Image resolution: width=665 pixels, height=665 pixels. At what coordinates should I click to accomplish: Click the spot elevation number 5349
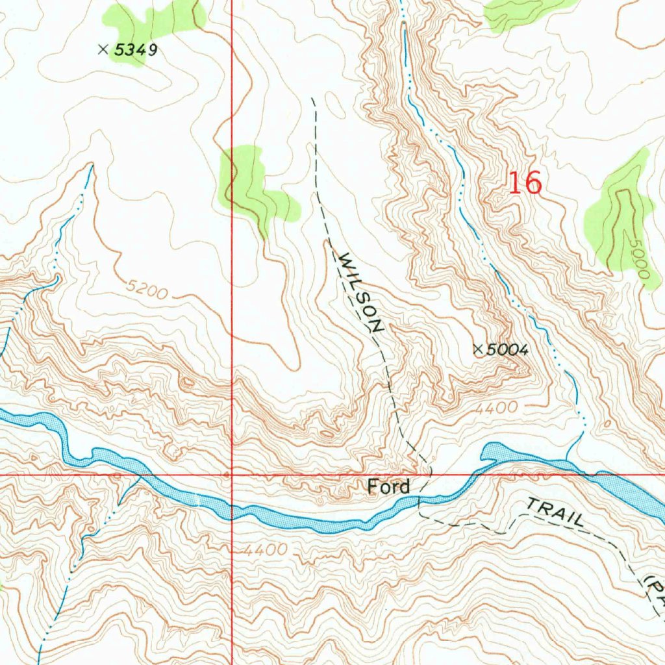pyautogui.click(x=136, y=49)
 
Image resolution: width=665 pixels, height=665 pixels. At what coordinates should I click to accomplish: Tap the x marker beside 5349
pyautogui.click(x=103, y=49)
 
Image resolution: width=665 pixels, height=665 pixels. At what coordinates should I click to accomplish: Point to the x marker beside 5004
pyautogui.click(x=478, y=349)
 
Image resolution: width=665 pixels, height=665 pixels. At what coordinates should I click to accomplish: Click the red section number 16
pyautogui.click(x=524, y=183)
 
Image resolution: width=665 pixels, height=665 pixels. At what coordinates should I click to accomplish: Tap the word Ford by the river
pyautogui.click(x=388, y=486)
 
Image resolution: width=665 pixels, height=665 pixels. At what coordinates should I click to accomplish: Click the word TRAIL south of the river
pyautogui.click(x=555, y=513)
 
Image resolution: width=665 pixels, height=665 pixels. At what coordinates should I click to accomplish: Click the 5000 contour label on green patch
pyautogui.click(x=638, y=260)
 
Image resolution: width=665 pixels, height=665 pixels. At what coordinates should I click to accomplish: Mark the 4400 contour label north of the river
pyautogui.click(x=496, y=408)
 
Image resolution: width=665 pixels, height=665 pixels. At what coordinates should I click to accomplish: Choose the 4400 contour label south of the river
pyautogui.click(x=265, y=550)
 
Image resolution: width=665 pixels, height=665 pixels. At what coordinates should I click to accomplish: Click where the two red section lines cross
pyautogui.click(x=232, y=475)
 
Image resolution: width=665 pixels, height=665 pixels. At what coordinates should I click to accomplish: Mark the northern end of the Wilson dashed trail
pyautogui.click(x=313, y=99)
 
